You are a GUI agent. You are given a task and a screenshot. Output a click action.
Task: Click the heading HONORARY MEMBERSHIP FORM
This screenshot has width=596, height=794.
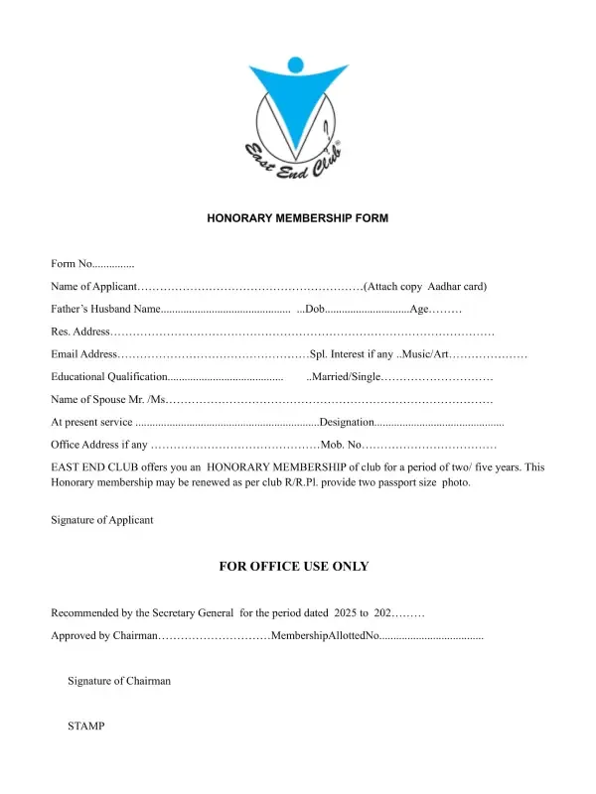[297, 216]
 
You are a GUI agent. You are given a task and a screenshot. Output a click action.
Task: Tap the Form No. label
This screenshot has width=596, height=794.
[71, 264]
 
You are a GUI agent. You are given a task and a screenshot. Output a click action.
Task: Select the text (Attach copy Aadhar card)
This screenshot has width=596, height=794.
[425, 287]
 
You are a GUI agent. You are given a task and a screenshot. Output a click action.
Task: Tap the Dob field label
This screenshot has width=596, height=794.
[314, 310]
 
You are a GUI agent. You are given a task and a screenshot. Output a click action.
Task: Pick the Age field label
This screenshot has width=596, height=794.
[419, 310]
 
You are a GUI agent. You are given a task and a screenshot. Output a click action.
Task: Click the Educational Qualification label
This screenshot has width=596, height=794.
[109, 377]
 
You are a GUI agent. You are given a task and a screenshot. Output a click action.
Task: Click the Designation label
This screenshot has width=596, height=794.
[346, 423]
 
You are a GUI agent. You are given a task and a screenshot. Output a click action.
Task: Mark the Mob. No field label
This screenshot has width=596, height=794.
[344, 445]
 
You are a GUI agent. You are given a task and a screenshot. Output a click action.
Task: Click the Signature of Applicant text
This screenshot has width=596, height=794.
[102, 520]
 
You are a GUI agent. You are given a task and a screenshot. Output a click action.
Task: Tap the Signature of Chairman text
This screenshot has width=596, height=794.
[119, 681]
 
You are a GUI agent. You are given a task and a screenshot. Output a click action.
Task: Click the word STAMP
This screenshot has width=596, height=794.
[85, 727]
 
